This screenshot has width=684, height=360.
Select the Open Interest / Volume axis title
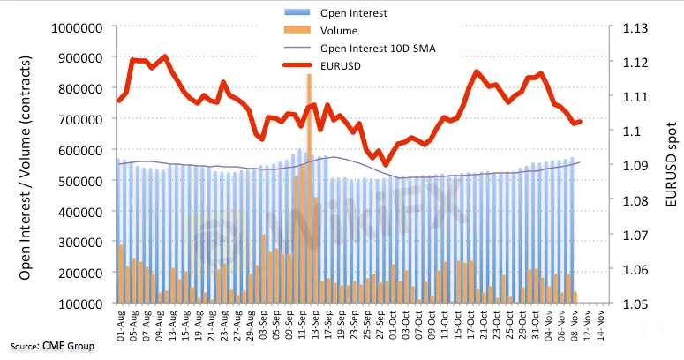click(26, 166)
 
